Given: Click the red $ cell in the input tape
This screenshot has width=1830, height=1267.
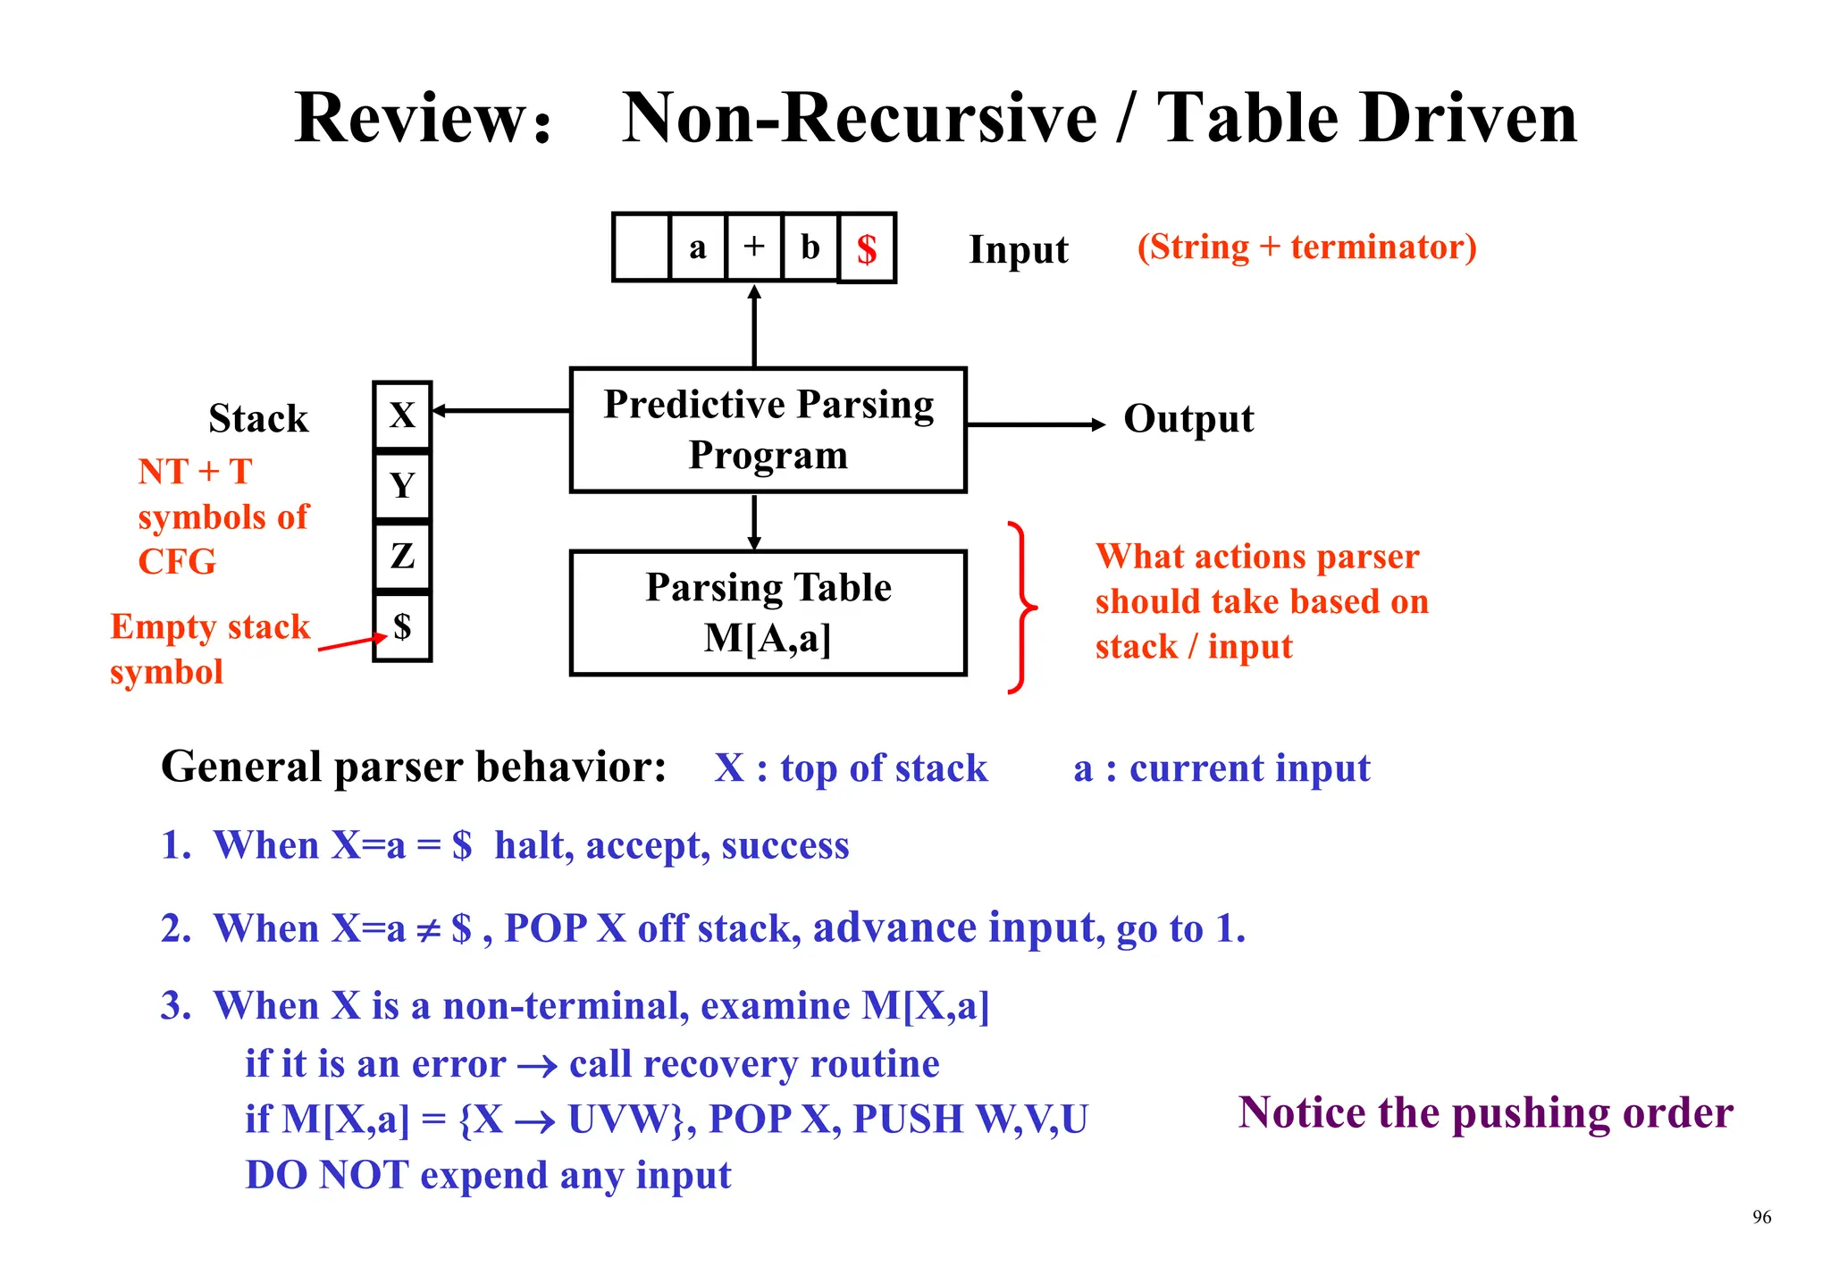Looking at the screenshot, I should click(866, 248).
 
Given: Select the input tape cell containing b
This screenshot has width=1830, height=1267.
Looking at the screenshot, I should click(810, 247).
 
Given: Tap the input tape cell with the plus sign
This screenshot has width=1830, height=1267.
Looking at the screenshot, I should click(754, 247).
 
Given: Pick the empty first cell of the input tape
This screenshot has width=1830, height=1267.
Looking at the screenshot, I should click(642, 247).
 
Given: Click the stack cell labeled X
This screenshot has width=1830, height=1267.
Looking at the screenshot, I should click(402, 415).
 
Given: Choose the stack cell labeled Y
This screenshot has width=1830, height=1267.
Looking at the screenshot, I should click(402, 485).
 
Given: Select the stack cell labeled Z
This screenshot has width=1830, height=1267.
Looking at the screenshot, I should click(402, 556).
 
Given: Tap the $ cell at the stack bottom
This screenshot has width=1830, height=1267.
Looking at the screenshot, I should click(402, 627).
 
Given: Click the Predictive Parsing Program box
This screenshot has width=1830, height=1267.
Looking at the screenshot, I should click(768, 430).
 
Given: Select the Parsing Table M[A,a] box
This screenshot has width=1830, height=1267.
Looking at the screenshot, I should click(768, 613).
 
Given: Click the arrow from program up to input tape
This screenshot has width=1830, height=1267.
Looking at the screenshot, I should click(754, 326).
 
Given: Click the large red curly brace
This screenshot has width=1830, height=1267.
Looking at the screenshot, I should click(1021, 608).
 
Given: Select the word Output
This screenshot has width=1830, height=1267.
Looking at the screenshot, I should click(1188, 419).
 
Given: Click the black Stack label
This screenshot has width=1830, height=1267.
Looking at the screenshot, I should click(258, 419).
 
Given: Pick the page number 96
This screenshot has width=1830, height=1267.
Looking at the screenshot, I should click(1761, 1217).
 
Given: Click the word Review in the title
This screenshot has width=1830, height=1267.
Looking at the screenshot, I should click(410, 119).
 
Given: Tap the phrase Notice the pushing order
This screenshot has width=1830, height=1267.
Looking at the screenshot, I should click(1485, 1113).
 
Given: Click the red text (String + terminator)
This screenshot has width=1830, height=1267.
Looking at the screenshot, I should click(1306, 248).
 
